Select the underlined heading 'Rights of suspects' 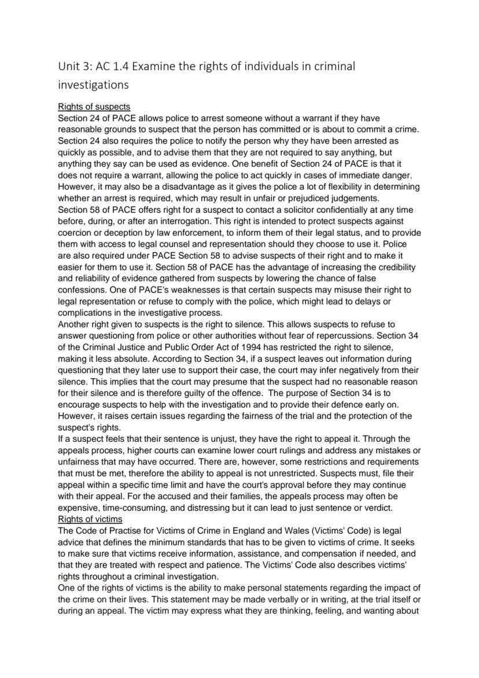tap(94, 107)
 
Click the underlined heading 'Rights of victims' tap(90, 519)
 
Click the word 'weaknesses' tap(185, 289)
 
